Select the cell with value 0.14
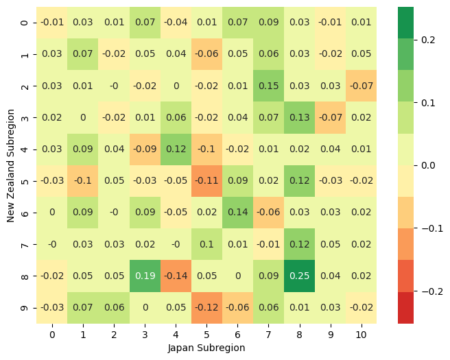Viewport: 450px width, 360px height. pyautogui.click(x=237, y=213)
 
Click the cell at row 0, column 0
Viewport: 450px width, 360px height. pyautogui.click(x=51, y=23)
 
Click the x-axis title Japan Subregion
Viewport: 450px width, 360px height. pyautogui.click(x=206, y=348)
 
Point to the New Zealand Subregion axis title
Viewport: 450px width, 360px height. pyautogui.click(x=10, y=165)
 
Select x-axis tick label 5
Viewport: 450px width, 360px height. pyautogui.click(x=206, y=335)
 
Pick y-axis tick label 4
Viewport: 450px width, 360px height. pyautogui.click(x=25, y=149)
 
